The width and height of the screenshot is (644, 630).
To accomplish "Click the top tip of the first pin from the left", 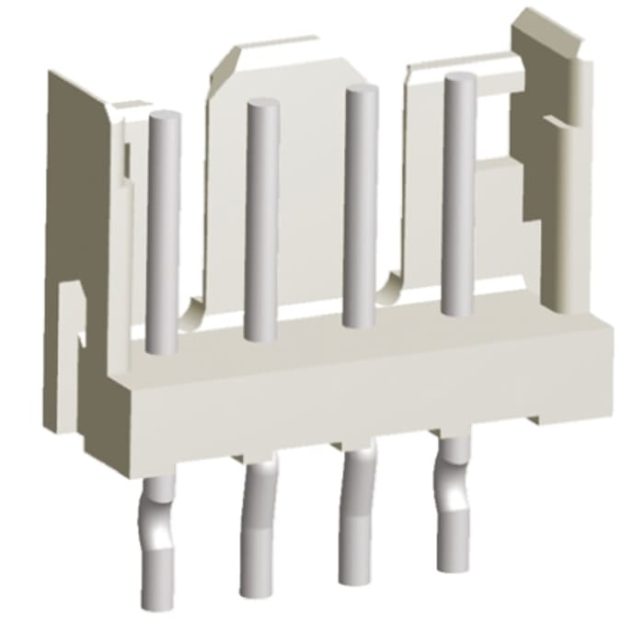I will click(164, 118).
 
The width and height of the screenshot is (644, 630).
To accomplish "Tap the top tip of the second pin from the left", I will click(262, 104).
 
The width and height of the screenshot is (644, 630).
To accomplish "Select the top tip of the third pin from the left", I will click(361, 90).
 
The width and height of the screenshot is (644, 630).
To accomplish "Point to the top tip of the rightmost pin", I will click(459, 79).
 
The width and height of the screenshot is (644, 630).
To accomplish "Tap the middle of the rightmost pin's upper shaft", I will click(458, 193).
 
